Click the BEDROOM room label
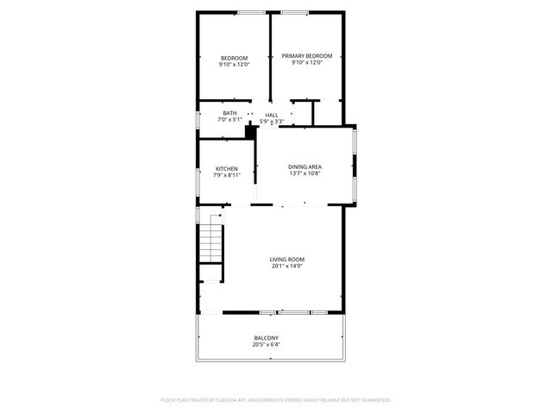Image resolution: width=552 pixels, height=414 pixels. (234, 58)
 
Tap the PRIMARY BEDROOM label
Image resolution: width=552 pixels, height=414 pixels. (306, 56)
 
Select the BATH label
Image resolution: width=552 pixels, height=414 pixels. (229, 113)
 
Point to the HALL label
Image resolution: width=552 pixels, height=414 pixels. (272, 115)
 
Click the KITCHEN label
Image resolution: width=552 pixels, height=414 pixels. (227, 169)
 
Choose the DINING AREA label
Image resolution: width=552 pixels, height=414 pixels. (305, 166)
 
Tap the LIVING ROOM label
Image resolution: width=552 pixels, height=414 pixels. (287, 260)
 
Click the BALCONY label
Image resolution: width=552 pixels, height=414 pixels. (266, 338)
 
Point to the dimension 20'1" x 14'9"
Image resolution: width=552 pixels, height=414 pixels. (287, 266)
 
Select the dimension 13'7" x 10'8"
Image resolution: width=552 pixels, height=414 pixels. (305, 173)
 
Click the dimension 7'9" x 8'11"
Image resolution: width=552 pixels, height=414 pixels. (227, 175)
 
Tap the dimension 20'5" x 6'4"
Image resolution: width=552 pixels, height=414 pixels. (266, 344)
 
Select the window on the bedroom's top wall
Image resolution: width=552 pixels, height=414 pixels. (251, 12)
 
